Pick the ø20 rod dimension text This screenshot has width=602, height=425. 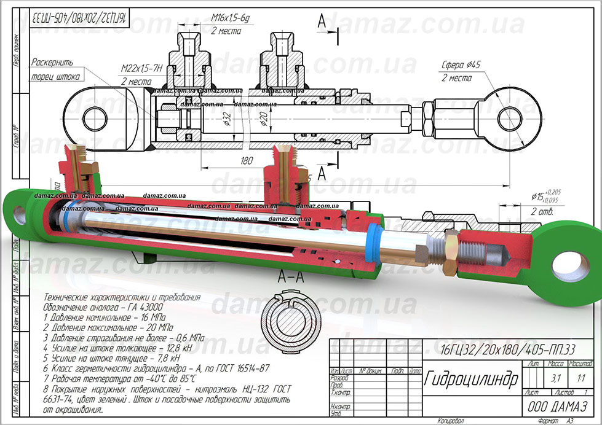coord(263,116)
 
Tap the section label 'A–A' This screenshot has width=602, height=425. coord(291,276)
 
